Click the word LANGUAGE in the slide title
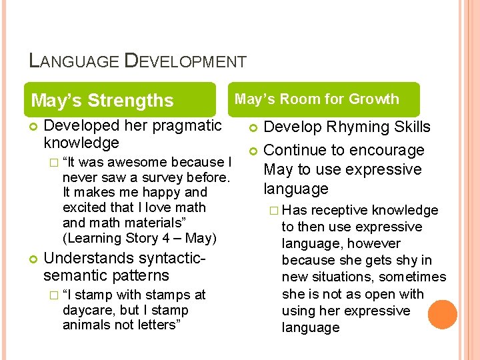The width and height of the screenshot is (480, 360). [74, 62]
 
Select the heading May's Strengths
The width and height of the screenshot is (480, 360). [102, 101]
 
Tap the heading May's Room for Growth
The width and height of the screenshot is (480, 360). [317, 99]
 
